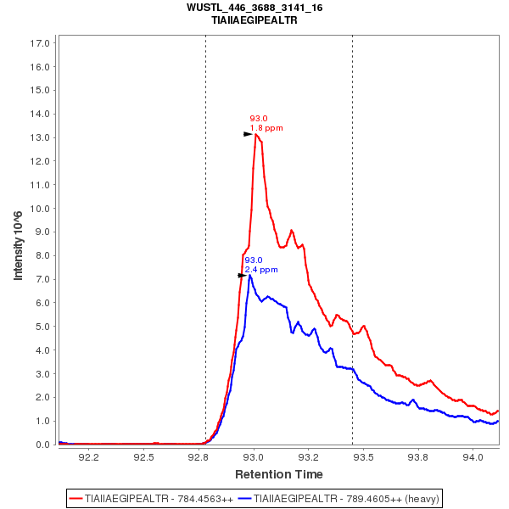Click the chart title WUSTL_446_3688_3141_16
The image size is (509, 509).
255,8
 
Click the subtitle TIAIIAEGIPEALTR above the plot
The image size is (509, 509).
255,20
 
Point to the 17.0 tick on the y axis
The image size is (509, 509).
42,42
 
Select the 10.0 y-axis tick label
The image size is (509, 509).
42,209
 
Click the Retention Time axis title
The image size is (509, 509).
279,474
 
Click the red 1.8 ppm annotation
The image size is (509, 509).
266,128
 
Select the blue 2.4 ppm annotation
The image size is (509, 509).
261,270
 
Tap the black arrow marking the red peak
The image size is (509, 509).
248,134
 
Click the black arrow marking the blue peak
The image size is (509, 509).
243,276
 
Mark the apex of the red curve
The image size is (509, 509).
255,134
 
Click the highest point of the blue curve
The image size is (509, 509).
250,276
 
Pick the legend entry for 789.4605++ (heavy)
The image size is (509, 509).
339,498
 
